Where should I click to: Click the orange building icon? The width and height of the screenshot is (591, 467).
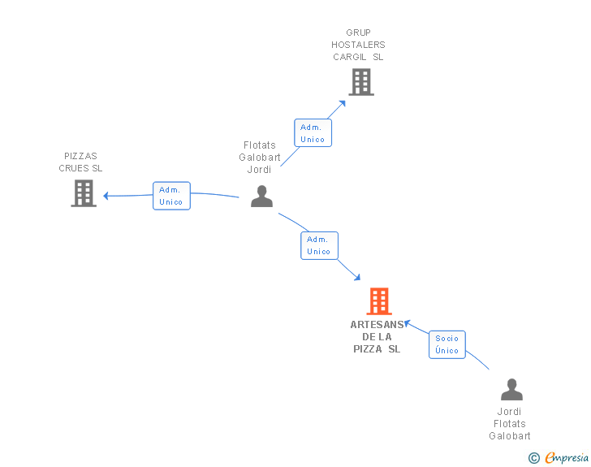click(379, 301)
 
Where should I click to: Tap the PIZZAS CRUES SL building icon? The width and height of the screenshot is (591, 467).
click(84, 193)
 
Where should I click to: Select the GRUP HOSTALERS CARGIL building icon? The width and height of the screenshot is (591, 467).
click(361, 82)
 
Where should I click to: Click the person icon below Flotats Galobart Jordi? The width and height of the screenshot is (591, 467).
click(261, 197)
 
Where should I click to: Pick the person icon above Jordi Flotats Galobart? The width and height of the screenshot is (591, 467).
click(511, 389)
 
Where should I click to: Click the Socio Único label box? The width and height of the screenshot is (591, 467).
click(447, 344)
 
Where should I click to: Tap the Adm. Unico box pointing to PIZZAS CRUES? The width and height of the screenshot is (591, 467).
click(171, 196)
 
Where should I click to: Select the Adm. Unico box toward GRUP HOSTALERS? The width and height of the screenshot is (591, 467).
click(313, 132)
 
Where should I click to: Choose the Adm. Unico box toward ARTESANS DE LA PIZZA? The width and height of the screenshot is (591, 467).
click(319, 245)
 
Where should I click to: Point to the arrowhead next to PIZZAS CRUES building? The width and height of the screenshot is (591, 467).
click(106, 196)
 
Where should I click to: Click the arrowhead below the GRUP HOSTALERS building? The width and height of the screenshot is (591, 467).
click(343, 104)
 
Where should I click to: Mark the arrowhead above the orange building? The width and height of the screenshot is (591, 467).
click(357, 277)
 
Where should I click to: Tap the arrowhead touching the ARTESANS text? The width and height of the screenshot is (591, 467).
click(407, 323)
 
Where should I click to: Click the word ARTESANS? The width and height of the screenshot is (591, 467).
click(377, 325)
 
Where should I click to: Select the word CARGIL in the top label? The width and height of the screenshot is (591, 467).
click(349, 57)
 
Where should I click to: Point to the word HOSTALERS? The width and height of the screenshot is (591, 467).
click(358, 45)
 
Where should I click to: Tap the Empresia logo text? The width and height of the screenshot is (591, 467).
click(567, 458)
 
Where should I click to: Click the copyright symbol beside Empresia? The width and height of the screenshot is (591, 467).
click(534, 458)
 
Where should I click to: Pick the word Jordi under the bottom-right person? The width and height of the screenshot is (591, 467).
click(509, 412)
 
